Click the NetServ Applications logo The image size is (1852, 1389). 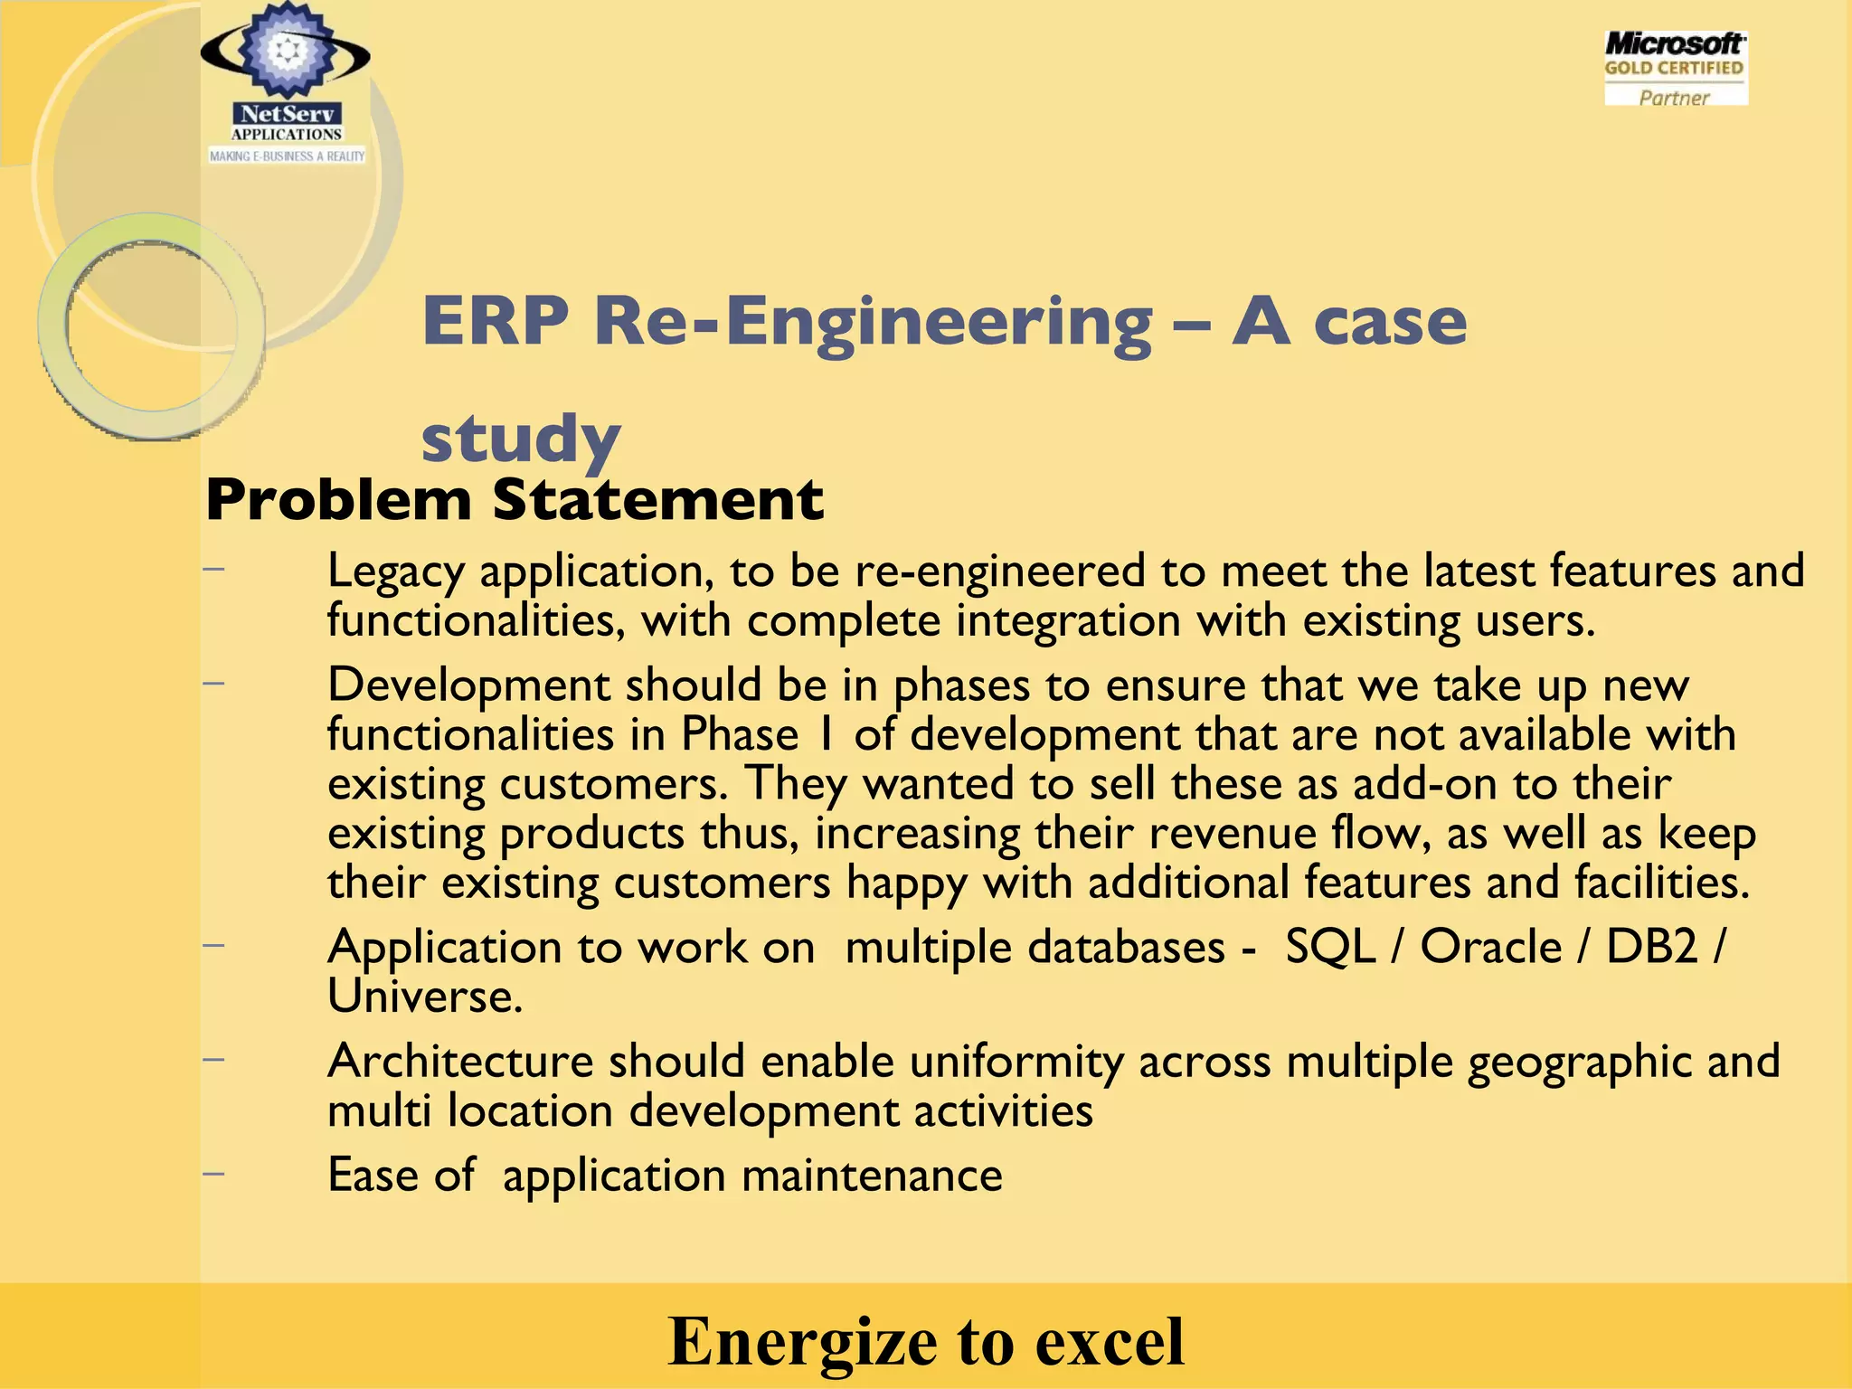click(286, 86)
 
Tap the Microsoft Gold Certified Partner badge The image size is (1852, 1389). click(1675, 69)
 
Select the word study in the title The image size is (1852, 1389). click(521, 439)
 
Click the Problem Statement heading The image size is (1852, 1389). click(515, 499)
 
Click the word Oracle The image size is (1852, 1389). click(1491, 947)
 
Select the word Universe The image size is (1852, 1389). click(424, 997)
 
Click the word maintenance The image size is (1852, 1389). click(872, 1176)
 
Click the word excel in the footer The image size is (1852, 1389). click(1110, 1340)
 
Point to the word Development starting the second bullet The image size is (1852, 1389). click(468, 685)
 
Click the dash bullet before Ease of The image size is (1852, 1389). click(213, 1174)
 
